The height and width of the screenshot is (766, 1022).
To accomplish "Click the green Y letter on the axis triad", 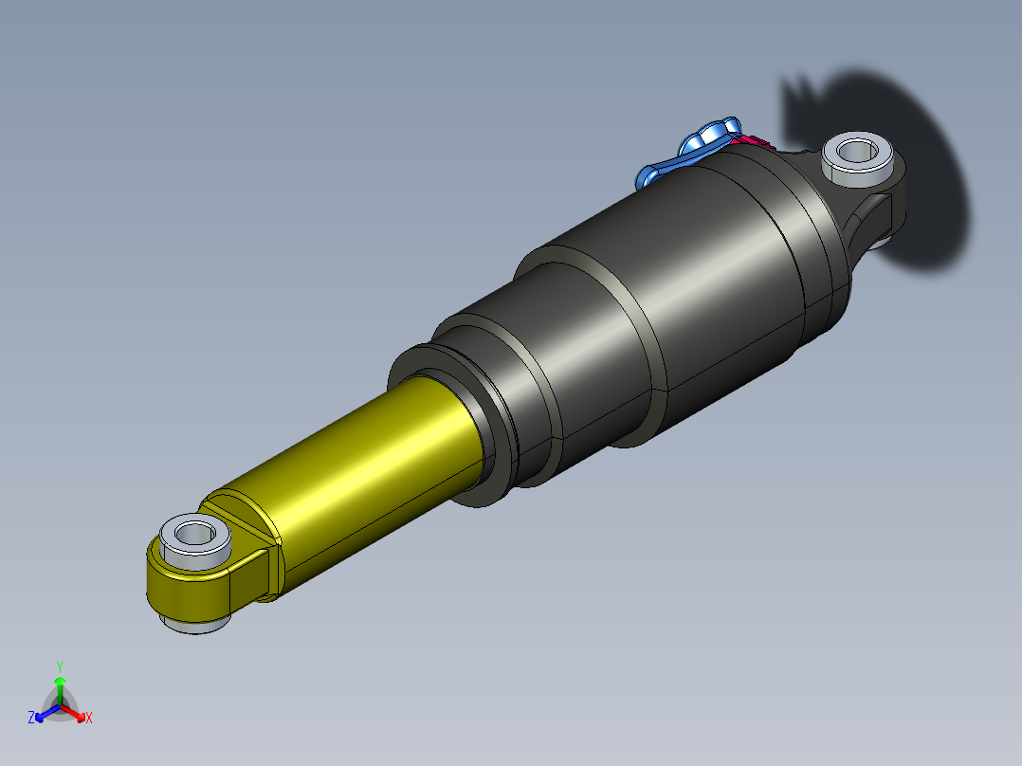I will [x=59, y=666].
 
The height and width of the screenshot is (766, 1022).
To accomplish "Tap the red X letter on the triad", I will [x=89, y=718].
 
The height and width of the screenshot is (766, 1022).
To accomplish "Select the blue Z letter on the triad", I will [x=31, y=718].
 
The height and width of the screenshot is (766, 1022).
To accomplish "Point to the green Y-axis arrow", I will [x=59, y=687].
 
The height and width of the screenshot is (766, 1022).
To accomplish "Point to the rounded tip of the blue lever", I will [x=648, y=176].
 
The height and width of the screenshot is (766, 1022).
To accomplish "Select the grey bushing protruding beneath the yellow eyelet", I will [x=196, y=625].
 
